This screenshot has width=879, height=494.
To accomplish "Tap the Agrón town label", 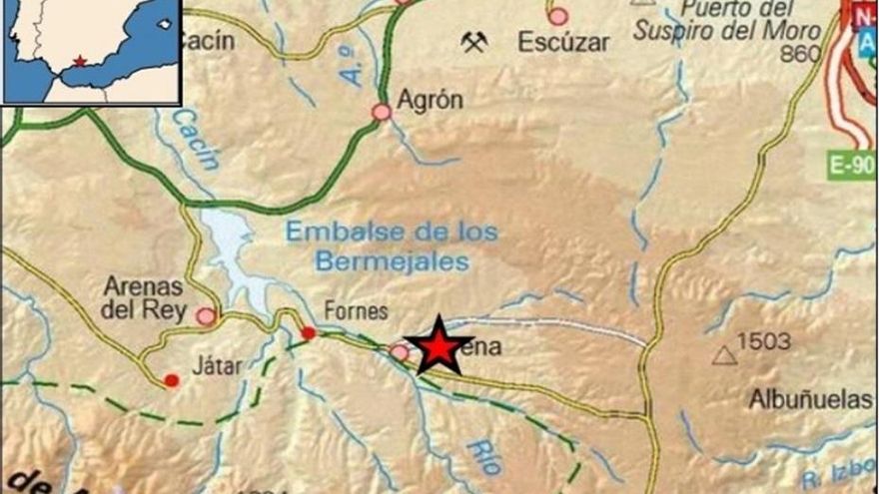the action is coord(431,100).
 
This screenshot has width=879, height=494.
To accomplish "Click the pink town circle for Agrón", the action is coord(382,112).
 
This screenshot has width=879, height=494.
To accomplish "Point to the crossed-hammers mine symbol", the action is coord(473,41).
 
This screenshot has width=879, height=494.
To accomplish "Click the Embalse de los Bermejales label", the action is coord(392,247).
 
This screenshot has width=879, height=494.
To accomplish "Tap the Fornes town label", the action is coord(356,311).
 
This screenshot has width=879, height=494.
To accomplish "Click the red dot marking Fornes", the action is coord(309,332).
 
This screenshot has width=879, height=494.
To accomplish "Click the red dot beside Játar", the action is coord(172,380).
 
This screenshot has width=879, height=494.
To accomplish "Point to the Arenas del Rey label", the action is coord(145,298).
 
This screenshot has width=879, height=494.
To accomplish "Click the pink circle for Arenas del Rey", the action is coord(206,316).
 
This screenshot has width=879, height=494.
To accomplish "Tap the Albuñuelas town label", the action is coord(810,400).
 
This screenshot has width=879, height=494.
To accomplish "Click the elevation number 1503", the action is coord(763,342).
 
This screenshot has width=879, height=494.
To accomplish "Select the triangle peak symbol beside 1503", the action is coord(724,354).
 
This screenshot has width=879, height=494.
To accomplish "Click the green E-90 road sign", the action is coord(852,166).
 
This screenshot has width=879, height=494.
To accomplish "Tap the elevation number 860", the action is coord(800,53).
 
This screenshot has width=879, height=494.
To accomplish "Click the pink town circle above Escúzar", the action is coord(557,16).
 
